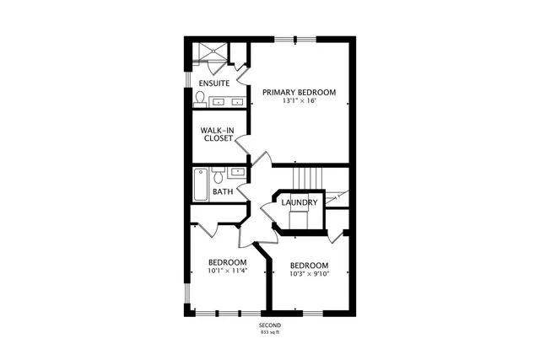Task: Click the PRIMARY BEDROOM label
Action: pyautogui.click(x=299, y=92)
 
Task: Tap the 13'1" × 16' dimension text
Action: pyautogui.click(x=299, y=101)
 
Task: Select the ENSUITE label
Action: pyautogui.click(x=214, y=83)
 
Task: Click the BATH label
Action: pyautogui.click(x=223, y=191)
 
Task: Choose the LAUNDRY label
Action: pyautogui.click(x=300, y=202)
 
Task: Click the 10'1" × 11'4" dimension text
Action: pyautogui.click(x=228, y=271)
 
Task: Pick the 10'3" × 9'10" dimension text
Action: pyautogui.click(x=308, y=273)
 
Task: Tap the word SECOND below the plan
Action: pyautogui.click(x=270, y=325)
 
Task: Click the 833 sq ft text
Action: pyautogui.click(x=270, y=333)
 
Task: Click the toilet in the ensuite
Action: pyautogui.click(x=199, y=99)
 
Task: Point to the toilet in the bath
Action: pyautogui.click(x=219, y=175)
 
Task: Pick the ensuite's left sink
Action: pyautogui.click(x=219, y=102)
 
